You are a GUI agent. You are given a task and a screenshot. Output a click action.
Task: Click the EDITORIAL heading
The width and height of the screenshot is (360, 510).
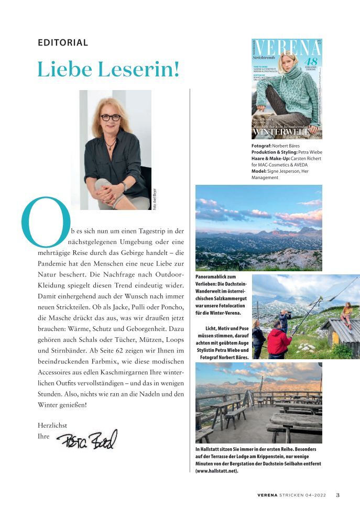click(x=63, y=43)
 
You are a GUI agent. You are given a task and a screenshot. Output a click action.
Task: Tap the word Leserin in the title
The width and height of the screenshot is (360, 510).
click(x=137, y=69)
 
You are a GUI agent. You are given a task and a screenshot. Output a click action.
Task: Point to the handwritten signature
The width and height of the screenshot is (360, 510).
click(x=87, y=440)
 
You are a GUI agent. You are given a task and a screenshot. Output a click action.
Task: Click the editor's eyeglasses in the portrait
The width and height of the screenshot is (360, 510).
click(x=110, y=117)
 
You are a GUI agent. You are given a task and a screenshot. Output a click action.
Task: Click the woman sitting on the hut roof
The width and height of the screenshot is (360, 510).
click(x=346, y=313)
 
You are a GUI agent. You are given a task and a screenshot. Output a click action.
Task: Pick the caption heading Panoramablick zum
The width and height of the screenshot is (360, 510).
click(x=215, y=276)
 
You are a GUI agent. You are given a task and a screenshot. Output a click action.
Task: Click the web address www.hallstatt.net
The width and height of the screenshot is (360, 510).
click(x=216, y=471)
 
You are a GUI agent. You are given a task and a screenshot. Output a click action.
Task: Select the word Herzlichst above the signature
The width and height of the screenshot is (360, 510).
click(x=52, y=425)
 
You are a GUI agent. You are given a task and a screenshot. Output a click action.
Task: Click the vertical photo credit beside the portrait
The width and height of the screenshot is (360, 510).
click(x=155, y=199)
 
